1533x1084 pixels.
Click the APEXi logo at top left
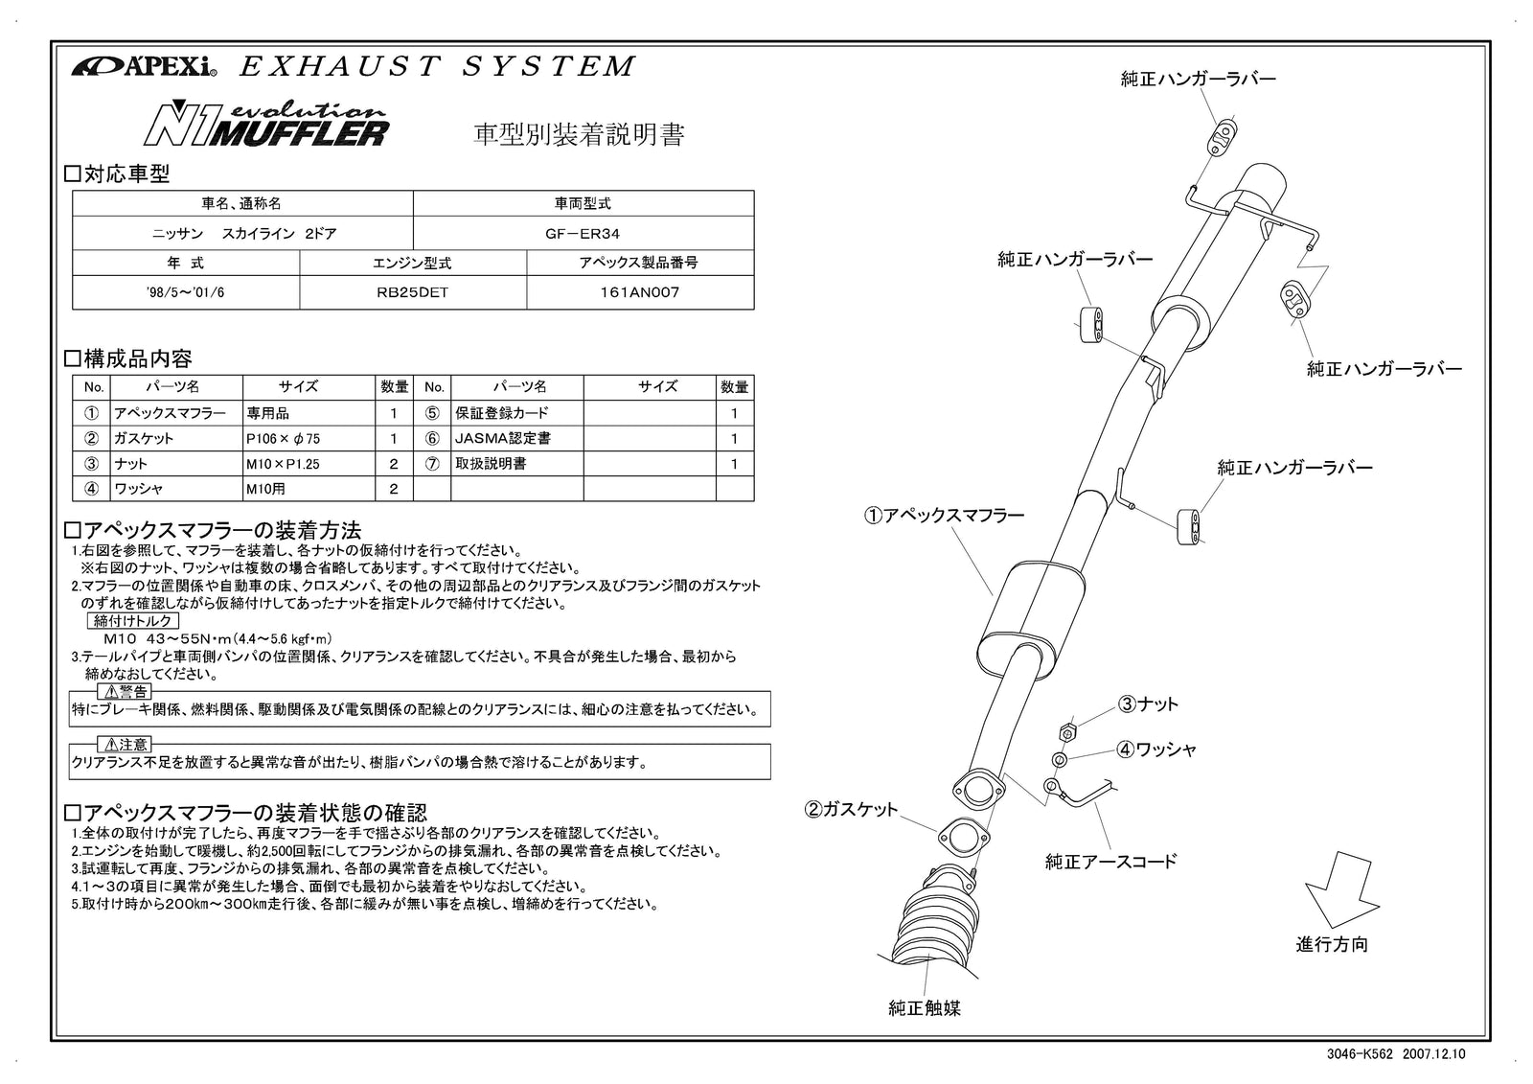[x=145, y=67]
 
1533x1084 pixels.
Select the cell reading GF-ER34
[x=583, y=233]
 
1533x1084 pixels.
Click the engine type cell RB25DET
[x=413, y=293]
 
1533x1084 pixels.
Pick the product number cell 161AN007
[x=639, y=293]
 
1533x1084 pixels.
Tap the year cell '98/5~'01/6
[x=186, y=293]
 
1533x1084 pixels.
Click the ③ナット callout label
[x=1148, y=704]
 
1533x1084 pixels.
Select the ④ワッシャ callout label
[x=1155, y=750]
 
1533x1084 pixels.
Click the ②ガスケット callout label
[x=852, y=810]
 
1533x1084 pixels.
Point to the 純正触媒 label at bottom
[x=925, y=1007]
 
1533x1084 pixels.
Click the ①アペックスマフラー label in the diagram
[x=944, y=516]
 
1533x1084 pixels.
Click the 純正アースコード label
[x=1110, y=862]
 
